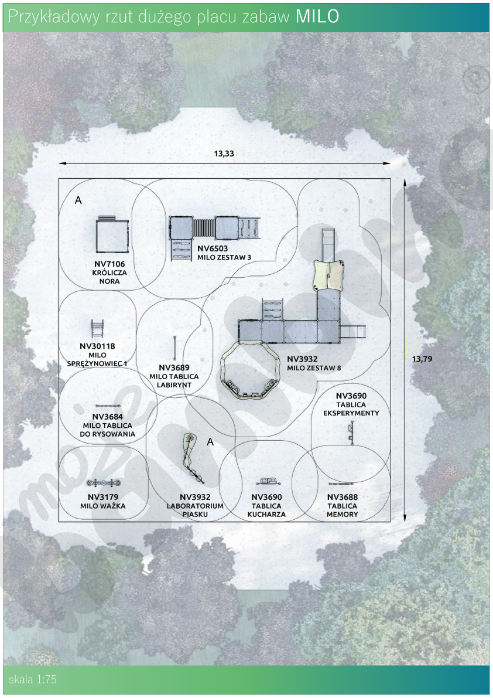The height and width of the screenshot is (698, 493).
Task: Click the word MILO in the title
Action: pyautogui.click(x=317, y=16)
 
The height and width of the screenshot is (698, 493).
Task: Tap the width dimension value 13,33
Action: pyautogui.click(x=224, y=154)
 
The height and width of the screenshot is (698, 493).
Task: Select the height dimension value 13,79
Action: pyautogui.click(x=422, y=359)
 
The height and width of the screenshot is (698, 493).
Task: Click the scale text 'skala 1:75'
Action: pyautogui.click(x=32, y=679)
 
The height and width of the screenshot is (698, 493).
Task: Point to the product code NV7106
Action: pyautogui.click(x=109, y=264)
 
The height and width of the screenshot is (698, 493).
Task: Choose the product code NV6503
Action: pyautogui.click(x=213, y=248)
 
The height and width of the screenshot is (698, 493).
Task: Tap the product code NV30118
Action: pyautogui.click(x=97, y=346)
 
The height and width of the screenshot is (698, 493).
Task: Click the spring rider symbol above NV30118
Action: pyautogui.click(x=98, y=329)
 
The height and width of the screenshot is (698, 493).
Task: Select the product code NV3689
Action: pyautogui.click(x=174, y=367)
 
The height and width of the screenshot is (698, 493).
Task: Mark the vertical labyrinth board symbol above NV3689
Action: pyautogui.click(x=174, y=348)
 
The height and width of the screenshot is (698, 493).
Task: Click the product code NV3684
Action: pyautogui.click(x=108, y=417)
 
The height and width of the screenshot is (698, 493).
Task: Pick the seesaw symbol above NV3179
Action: pyautogui.click(x=103, y=483)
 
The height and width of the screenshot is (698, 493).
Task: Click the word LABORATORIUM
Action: pyautogui.click(x=195, y=506)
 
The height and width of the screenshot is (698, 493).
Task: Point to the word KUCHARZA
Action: pyautogui.click(x=267, y=514)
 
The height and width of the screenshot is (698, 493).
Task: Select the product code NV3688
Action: pyautogui.click(x=343, y=497)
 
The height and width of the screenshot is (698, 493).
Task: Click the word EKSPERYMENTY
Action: pyautogui.click(x=351, y=413)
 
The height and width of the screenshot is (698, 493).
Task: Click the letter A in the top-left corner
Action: pyautogui.click(x=78, y=200)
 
